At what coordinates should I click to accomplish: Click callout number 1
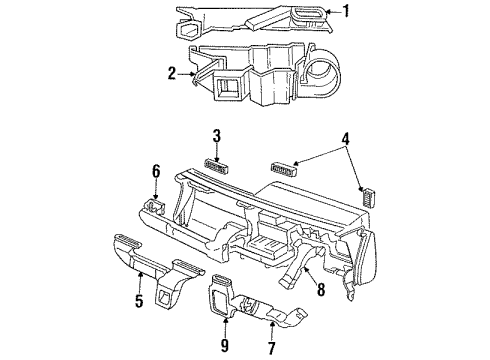click(346, 13)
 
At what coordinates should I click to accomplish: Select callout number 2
click(172, 72)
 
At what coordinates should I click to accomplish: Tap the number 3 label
click(216, 137)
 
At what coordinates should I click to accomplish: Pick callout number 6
click(156, 173)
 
